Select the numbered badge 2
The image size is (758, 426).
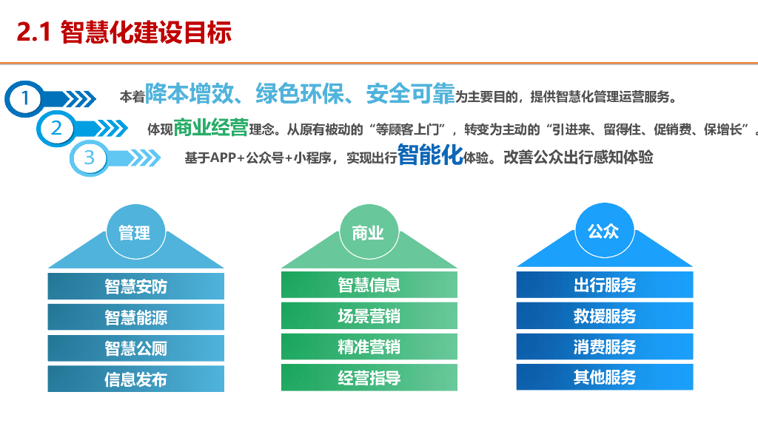tap(57, 128)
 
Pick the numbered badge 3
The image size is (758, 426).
tap(90, 158)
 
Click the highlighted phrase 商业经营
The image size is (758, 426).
tap(210, 128)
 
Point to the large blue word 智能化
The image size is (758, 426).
tap(430, 155)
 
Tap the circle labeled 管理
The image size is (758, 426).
tap(134, 233)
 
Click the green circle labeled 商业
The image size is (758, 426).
tap(368, 233)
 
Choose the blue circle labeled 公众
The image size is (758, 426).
tap(603, 231)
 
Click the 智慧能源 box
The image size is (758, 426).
tap(135, 317)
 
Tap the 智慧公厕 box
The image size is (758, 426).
tap(135, 348)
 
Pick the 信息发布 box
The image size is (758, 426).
tap(135, 379)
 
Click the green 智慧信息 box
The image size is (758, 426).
tap(369, 285)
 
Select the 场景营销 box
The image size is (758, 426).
tap(369, 316)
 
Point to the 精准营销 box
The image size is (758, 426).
tap(369, 347)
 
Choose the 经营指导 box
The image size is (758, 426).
tap(369, 378)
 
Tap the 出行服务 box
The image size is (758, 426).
tap(604, 285)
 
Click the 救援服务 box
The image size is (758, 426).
tap(604, 316)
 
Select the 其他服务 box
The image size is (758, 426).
tap(604, 377)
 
